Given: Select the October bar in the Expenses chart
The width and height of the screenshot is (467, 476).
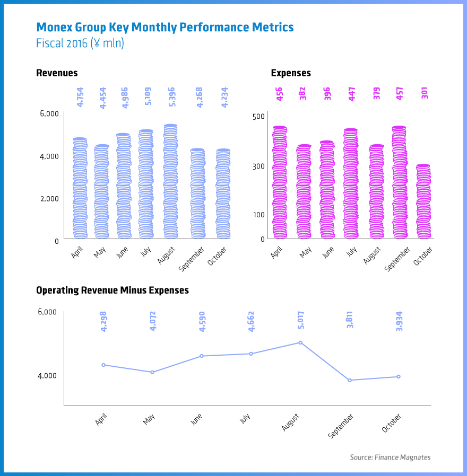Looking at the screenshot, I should tap(423, 202).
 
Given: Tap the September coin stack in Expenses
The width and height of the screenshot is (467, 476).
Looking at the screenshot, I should tap(399, 183).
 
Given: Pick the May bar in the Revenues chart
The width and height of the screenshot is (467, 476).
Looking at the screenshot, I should tap(102, 192).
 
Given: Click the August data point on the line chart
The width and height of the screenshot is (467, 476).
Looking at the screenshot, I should tap(300, 342).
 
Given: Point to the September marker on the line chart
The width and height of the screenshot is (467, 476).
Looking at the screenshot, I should tap(350, 380).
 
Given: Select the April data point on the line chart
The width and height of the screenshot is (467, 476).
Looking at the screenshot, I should tap(103, 365).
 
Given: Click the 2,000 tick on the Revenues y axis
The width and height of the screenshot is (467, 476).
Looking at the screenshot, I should tap(48, 198).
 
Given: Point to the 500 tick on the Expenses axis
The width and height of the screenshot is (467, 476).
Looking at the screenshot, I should tap(258, 117).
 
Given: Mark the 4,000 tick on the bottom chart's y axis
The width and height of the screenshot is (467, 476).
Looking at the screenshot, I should tap(47, 375).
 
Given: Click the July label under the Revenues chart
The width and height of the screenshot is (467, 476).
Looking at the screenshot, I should tap(146, 252).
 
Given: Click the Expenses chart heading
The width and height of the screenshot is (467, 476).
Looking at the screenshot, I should tap(291, 73).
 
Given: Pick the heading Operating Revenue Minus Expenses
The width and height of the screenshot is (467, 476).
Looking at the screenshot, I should tap(112, 290).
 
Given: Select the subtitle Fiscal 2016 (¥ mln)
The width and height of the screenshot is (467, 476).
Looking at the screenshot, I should tap(80, 43).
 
